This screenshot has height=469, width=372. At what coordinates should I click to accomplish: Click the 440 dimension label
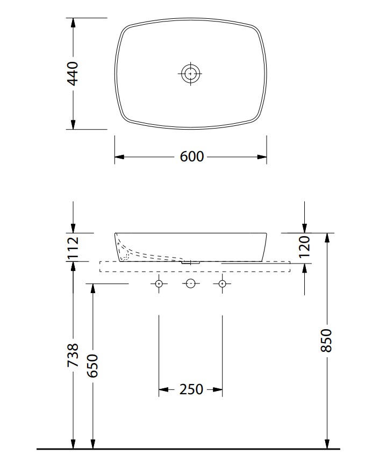(73, 74)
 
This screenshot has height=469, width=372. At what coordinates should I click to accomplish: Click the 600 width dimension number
(192, 157)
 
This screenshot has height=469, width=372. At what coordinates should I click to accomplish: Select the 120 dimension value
(304, 247)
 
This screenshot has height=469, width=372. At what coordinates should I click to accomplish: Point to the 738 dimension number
(73, 355)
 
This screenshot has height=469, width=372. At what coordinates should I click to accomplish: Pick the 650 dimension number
(92, 366)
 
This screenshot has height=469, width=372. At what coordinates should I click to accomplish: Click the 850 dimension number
(326, 340)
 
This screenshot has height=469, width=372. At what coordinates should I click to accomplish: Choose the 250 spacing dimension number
(191, 389)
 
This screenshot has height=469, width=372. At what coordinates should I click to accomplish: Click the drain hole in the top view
(190, 73)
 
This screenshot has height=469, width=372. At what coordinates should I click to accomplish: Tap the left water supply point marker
(159, 283)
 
